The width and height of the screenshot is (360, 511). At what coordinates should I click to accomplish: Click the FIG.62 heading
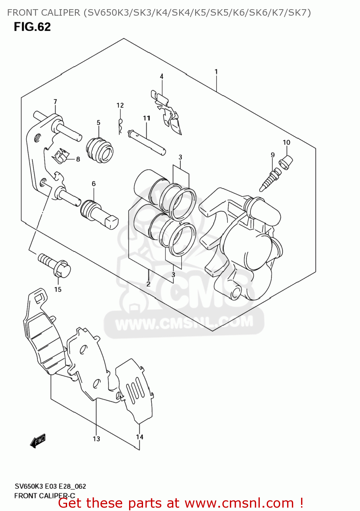pyautogui.click(x=32, y=27)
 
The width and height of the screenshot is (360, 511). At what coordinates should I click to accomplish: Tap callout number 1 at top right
pyautogui.click(x=216, y=72)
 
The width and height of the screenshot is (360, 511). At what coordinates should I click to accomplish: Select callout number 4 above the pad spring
pyautogui.click(x=161, y=76)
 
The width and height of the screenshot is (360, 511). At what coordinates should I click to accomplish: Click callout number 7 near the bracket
pyautogui.click(x=55, y=102)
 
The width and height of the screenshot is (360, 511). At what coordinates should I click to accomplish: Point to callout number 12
pyautogui.click(x=120, y=105)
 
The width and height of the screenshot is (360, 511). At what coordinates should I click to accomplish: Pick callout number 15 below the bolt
pyautogui.click(x=58, y=289)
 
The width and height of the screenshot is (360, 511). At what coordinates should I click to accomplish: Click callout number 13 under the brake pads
pyautogui.click(x=96, y=439)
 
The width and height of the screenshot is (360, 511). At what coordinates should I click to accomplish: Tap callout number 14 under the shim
pyautogui.click(x=140, y=437)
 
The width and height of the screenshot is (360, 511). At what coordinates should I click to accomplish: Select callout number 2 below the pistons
pyautogui.click(x=148, y=284)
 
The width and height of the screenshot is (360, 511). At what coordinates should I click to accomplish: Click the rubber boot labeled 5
pyautogui.click(x=99, y=150)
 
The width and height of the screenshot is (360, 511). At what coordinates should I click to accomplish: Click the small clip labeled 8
pyautogui.click(x=60, y=156)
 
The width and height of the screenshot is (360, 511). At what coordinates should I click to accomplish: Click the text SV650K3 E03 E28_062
pyautogui.click(x=50, y=486)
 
